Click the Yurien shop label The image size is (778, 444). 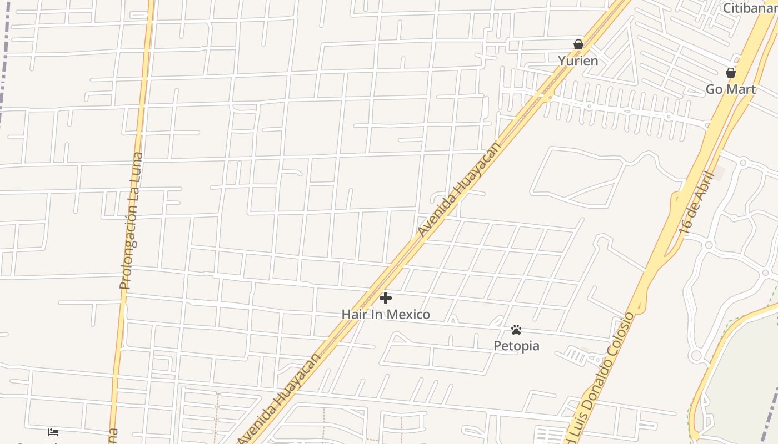click(x=578, y=61)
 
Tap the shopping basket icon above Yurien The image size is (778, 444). click(x=578, y=44)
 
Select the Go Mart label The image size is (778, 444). click(x=730, y=89)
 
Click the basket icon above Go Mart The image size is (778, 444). click(x=731, y=73)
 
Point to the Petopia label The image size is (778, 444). click(x=516, y=346)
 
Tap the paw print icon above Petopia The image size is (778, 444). click(x=516, y=330)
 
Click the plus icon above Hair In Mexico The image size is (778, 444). click(x=385, y=299)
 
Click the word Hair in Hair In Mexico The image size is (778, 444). click(x=353, y=315)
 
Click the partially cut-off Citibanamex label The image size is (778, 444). click(x=750, y=8)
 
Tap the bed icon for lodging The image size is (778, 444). click(x=53, y=432)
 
